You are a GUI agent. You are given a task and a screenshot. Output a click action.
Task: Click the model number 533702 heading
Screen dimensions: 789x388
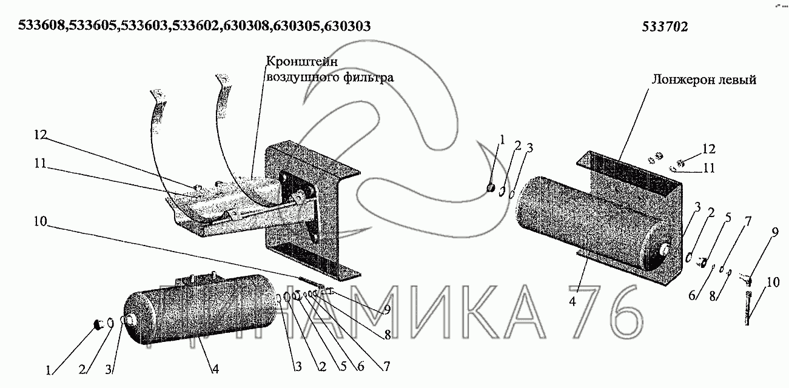(x=665, y=27)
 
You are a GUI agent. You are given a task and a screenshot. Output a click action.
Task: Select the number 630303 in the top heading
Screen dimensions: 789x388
(x=347, y=25)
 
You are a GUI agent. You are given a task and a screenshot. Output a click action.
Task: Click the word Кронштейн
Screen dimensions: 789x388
(x=302, y=61)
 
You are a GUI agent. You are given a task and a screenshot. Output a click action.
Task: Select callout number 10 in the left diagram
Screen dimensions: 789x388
(x=41, y=221)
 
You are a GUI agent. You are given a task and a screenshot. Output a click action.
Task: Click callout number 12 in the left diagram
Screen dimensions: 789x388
(x=41, y=135)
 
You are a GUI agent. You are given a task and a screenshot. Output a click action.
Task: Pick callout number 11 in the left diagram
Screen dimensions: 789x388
(x=40, y=163)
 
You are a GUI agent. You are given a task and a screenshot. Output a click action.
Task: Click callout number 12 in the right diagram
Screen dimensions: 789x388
(x=709, y=149)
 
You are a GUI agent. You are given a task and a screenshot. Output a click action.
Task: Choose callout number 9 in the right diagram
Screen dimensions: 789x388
(x=774, y=233)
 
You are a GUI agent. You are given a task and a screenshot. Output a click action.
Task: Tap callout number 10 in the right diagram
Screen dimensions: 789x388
(x=773, y=282)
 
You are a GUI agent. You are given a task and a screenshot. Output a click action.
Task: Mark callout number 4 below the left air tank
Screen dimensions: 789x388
(x=215, y=369)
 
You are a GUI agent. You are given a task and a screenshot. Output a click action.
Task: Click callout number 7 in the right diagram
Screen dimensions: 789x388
(x=748, y=221)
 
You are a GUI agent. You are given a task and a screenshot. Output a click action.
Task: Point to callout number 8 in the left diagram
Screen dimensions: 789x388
(x=388, y=335)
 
